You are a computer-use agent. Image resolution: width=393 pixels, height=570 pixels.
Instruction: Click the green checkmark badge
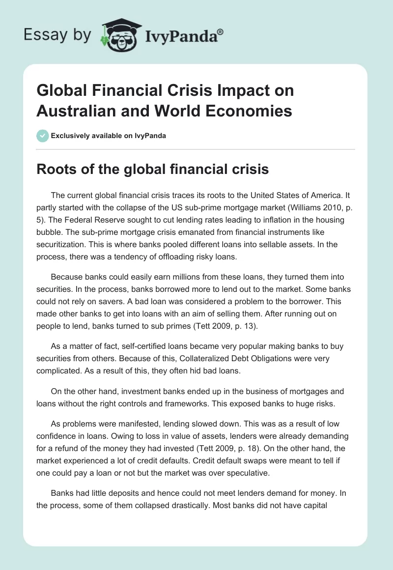42,136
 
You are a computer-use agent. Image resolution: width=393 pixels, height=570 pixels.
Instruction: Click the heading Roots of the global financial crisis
152,170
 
